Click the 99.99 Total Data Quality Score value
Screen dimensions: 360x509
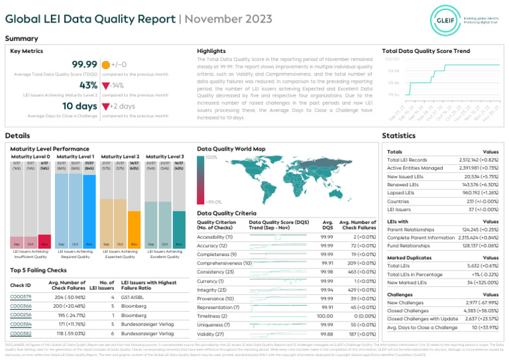[x=84, y=64]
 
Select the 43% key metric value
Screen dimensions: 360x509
[x=88, y=86]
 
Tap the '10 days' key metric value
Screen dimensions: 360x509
[x=80, y=106]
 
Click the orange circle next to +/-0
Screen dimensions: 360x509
[x=105, y=65]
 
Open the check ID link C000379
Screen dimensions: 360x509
[x=21, y=297]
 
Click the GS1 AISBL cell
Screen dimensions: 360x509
[x=133, y=297]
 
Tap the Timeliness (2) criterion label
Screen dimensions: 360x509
[x=212, y=317]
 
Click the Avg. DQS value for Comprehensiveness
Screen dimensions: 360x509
[x=327, y=263]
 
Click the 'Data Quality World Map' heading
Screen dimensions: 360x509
[x=231, y=149]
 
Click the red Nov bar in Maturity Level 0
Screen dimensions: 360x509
[x=45, y=239]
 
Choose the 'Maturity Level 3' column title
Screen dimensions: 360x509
[x=164, y=156]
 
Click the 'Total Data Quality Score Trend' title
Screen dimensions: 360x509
[x=426, y=51]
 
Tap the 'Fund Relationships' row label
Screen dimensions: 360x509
[x=408, y=245]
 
